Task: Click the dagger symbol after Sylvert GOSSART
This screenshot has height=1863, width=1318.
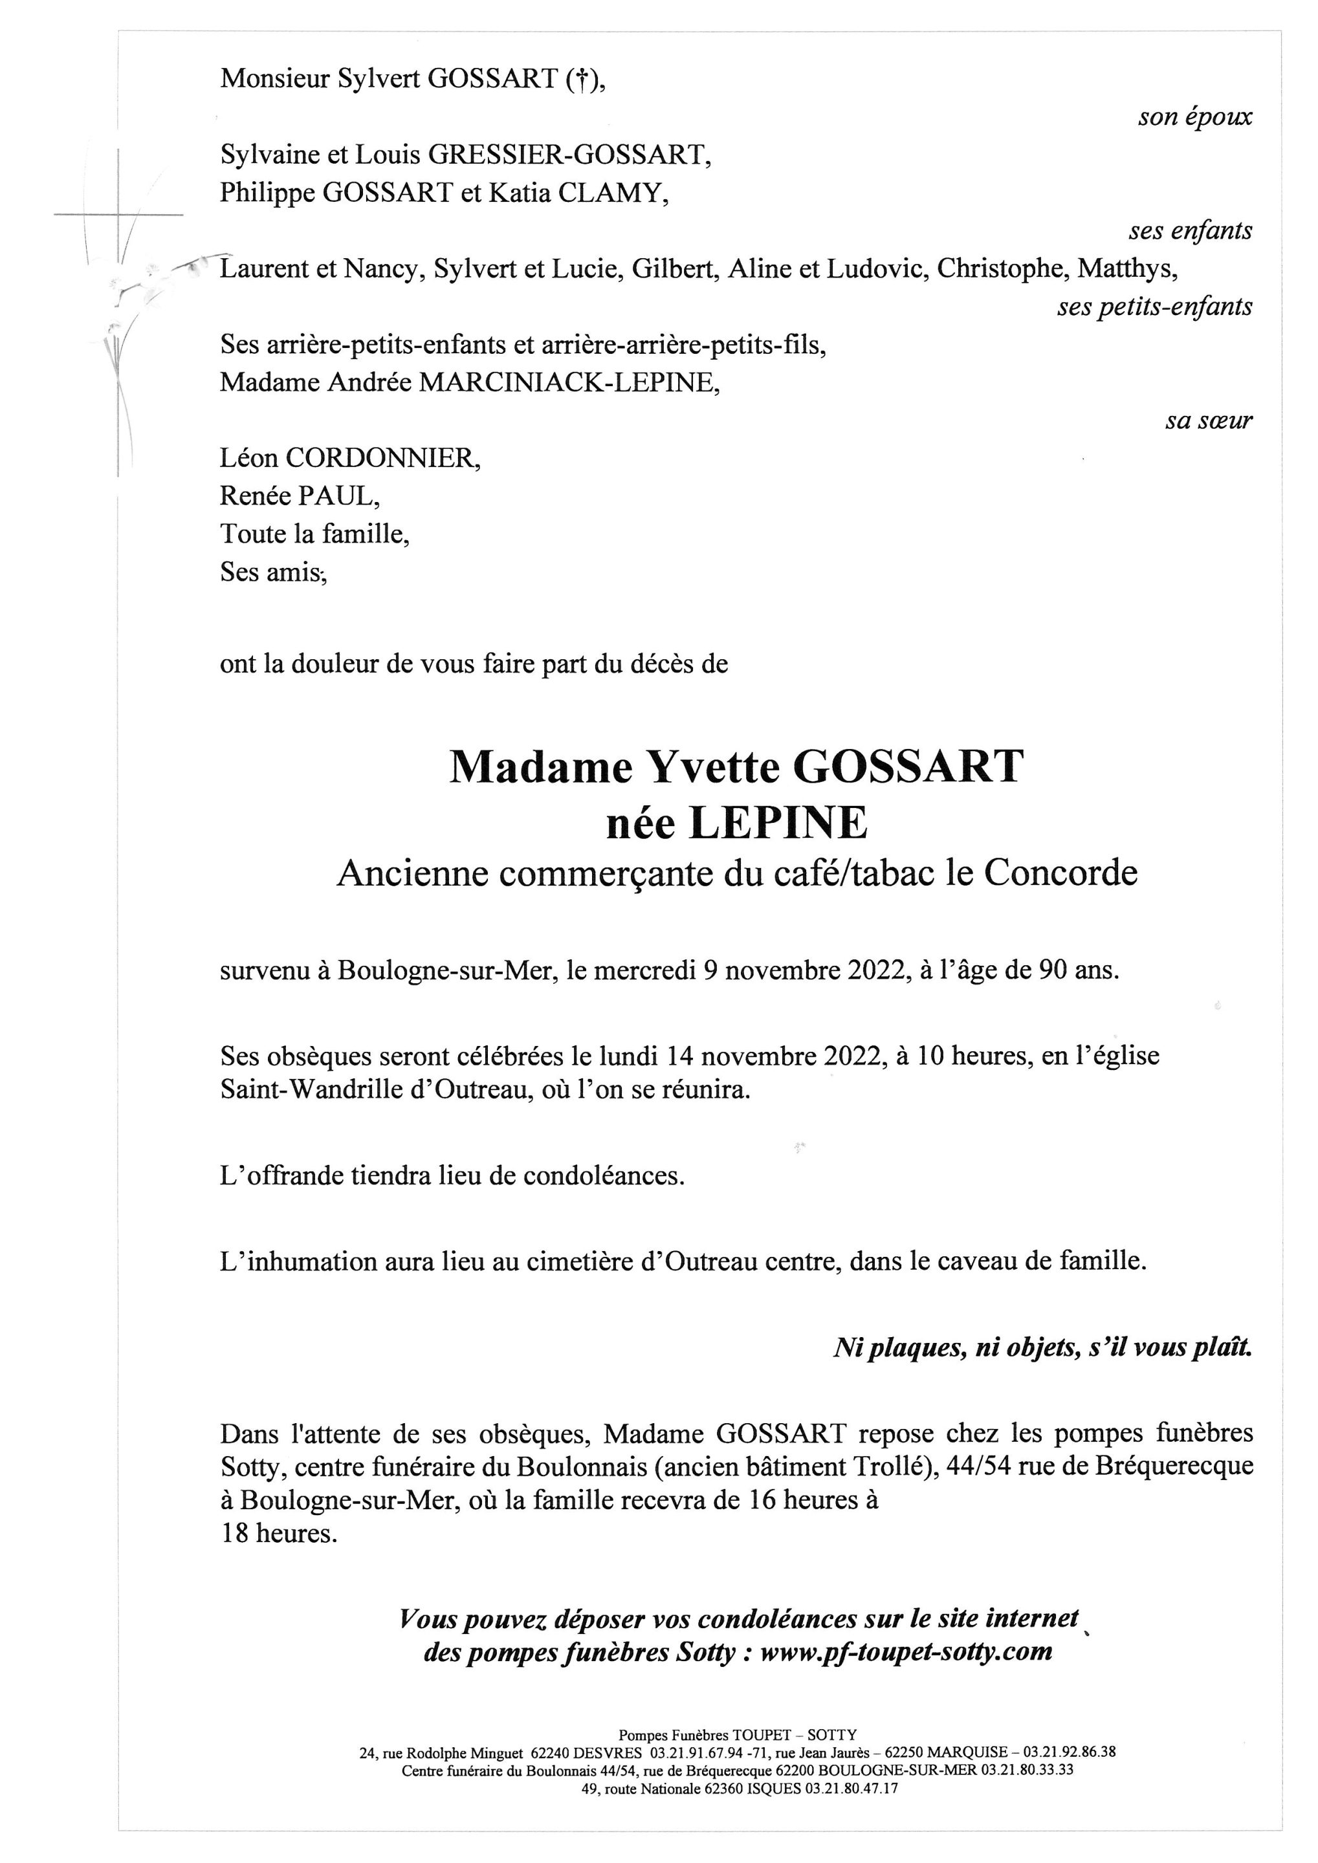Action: [581, 80]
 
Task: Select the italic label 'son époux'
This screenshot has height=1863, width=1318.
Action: [1194, 117]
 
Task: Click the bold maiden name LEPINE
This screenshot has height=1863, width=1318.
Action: [778, 823]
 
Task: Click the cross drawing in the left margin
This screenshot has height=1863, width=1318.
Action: [118, 215]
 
